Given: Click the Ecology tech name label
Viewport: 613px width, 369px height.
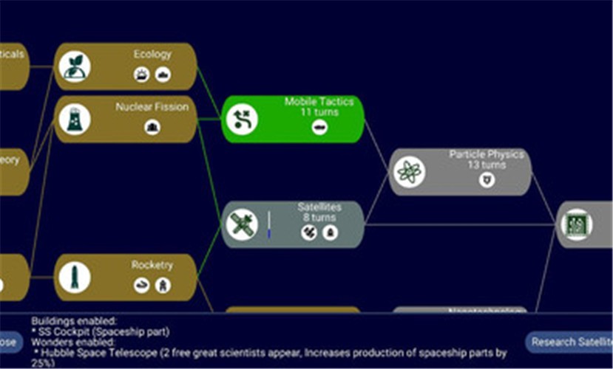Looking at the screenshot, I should coord(152,55).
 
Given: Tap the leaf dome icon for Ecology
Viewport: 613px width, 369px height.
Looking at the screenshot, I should coord(75,66).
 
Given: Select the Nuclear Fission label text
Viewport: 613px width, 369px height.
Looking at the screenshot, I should coord(152,107).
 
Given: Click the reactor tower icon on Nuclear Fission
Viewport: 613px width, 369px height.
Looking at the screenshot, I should coord(75,119).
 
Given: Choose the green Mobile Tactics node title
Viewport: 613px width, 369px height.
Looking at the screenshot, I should coord(319,102).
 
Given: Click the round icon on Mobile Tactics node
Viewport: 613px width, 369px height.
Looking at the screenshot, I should coord(243,119).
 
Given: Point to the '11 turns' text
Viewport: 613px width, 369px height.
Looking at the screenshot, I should coord(319,112).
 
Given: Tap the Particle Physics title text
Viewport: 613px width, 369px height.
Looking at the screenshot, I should coord(487,155).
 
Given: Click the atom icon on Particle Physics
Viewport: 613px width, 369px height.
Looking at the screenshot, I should coord(409,172).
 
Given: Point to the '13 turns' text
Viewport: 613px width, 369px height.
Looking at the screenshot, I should coord(486,165).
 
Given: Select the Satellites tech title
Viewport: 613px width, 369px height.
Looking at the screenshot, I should coord(319,207).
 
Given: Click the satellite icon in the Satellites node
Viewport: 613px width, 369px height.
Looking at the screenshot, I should coord(243,224).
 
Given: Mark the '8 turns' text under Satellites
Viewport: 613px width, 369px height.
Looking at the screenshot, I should coord(319,218).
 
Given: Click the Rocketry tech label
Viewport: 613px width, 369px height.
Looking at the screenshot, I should coord(152,265).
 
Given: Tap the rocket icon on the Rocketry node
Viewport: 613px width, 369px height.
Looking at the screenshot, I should coord(75,277).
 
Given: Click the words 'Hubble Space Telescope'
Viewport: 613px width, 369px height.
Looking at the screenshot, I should coord(104,353).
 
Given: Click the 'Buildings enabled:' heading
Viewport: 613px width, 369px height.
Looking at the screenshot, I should coord(74,322).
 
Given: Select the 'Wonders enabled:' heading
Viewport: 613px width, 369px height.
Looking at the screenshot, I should coord(72,342).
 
